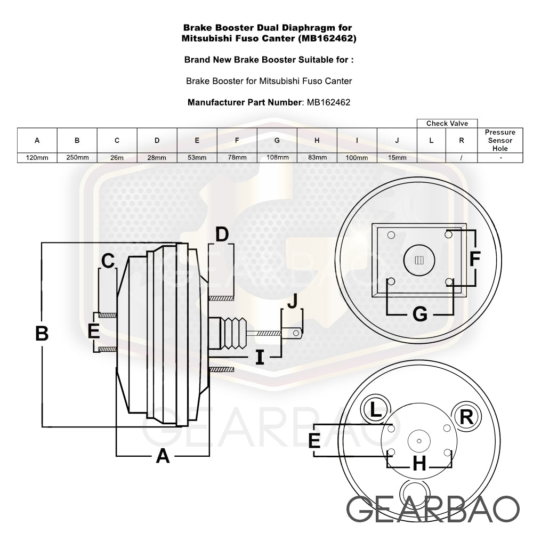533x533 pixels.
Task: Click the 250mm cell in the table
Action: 77,158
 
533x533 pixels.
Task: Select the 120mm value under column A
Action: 37,158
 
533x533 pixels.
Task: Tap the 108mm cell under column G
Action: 277,158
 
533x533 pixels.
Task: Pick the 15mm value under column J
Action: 397,158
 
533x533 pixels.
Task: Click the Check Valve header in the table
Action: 447,124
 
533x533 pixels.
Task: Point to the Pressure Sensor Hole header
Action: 500,140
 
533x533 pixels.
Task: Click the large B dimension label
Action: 42,334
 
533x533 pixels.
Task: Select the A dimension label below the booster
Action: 163,456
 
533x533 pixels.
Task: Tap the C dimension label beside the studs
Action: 108,261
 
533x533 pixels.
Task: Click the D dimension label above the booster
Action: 222,233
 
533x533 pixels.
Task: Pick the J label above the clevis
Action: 292,302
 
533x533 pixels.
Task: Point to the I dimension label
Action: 260,357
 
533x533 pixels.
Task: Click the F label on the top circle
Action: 475,259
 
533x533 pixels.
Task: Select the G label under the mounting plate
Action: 420,314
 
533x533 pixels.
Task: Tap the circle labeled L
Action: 376,410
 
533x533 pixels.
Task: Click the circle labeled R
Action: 466,417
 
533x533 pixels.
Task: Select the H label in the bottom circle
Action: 419,464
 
